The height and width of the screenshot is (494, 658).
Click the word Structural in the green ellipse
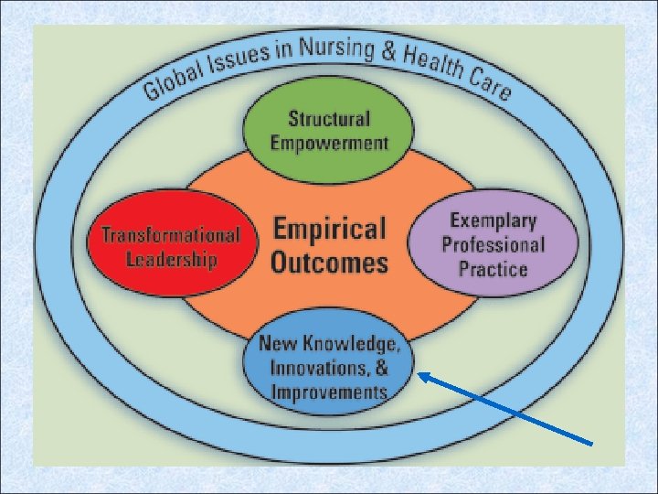click(329, 119)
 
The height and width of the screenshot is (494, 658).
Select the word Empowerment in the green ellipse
click(329, 144)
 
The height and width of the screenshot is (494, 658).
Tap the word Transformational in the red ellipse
click(171, 235)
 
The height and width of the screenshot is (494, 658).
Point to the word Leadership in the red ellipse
click(172, 259)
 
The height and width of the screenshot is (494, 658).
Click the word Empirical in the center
click(329, 229)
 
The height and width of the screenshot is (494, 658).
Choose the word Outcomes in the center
click(329, 263)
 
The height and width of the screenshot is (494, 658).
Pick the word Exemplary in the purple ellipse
click(493, 220)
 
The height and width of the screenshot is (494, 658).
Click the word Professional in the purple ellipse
click(493, 244)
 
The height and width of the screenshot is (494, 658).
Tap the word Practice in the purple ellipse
click(493, 269)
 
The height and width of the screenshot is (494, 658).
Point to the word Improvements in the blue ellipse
click(329, 392)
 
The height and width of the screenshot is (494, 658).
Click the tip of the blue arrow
click(418, 372)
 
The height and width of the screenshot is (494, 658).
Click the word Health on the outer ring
click(435, 61)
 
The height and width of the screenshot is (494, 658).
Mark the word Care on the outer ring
click(493, 83)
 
